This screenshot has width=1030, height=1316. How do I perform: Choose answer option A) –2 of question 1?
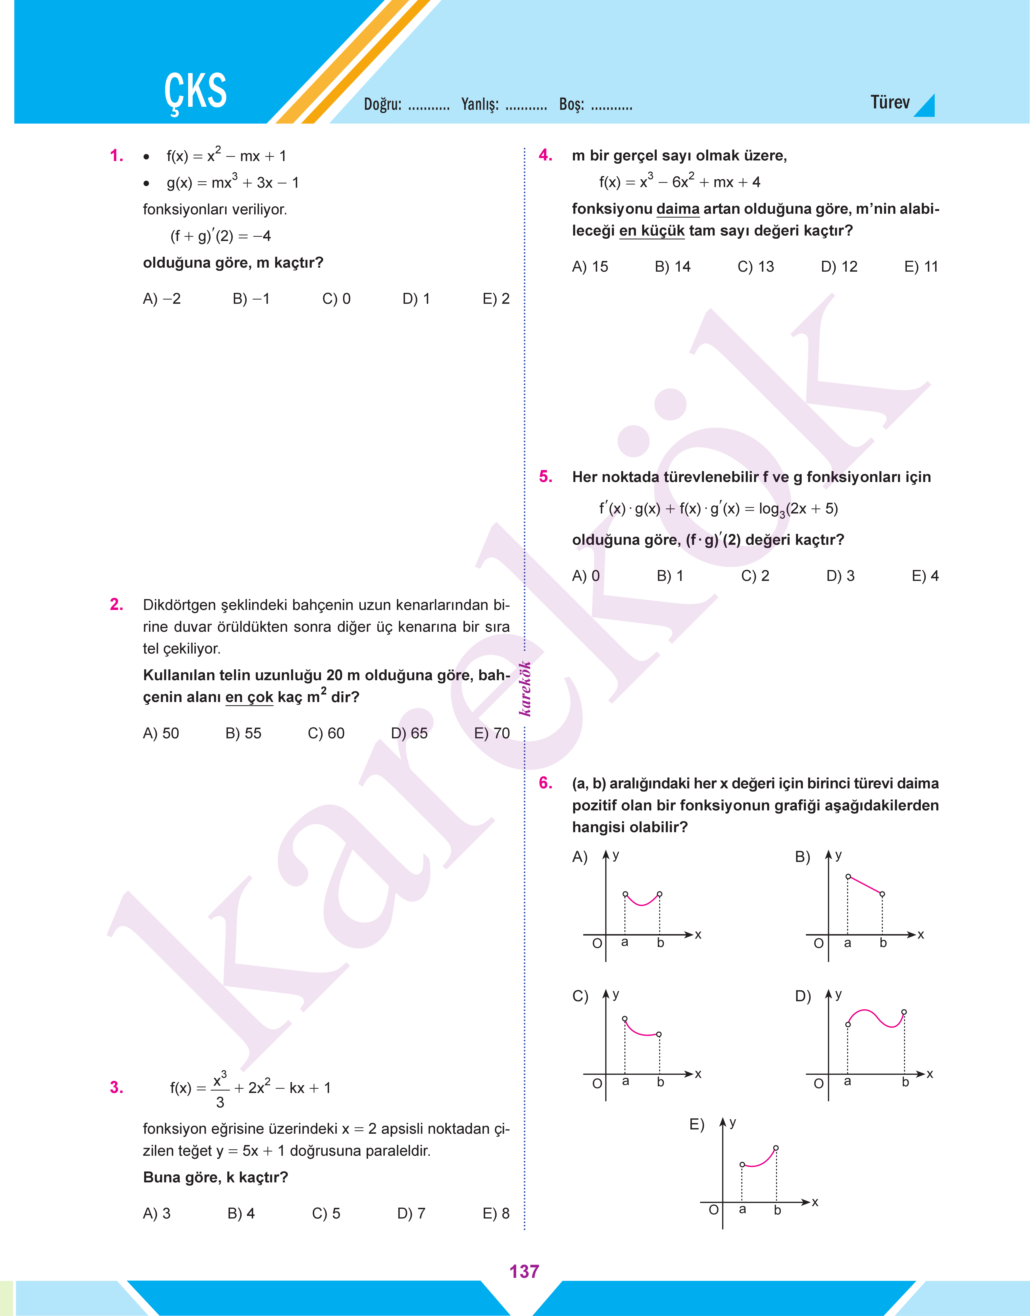[x=162, y=299]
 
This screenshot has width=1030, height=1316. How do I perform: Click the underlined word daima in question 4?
[x=678, y=209]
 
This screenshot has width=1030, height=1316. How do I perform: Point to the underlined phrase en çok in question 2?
[x=249, y=698]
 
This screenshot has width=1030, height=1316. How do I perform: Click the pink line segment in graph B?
[x=865, y=885]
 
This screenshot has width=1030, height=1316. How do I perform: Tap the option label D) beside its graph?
[x=803, y=996]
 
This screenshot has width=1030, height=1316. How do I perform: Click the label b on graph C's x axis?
[x=660, y=1082]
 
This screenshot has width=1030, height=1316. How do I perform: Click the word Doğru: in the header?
[x=382, y=104]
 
